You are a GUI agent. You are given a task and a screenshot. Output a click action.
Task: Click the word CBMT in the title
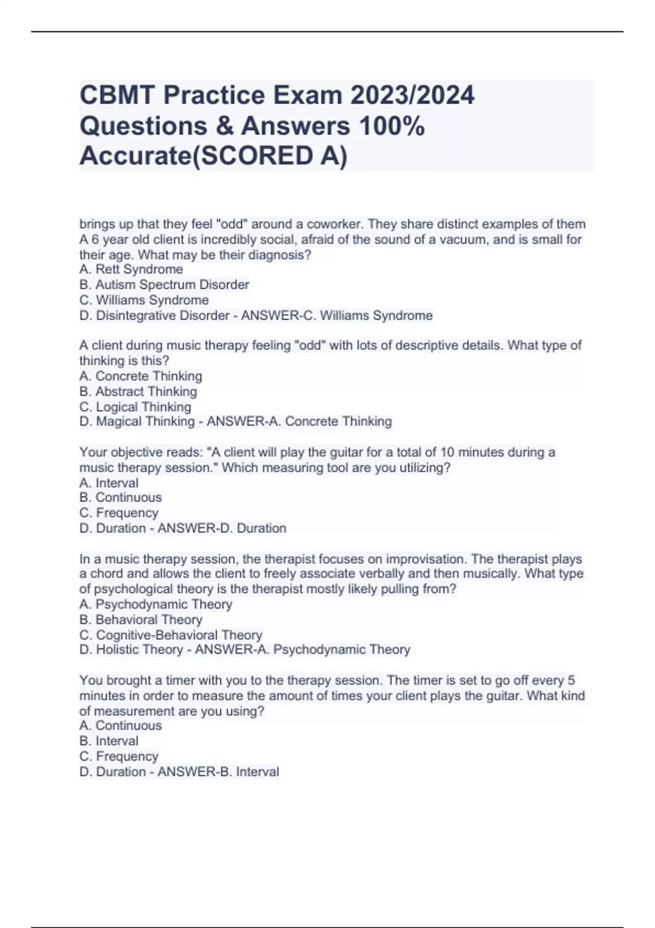(x=116, y=96)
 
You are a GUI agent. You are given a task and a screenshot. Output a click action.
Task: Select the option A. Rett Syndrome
(x=131, y=269)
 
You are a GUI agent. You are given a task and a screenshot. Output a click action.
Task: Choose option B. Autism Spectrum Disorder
(x=164, y=284)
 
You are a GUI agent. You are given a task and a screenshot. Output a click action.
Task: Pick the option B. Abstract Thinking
(x=138, y=391)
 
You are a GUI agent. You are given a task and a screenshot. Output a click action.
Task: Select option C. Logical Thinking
(x=135, y=407)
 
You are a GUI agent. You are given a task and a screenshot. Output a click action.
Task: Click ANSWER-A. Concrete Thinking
(x=299, y=421)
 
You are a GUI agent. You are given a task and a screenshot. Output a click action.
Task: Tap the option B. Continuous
(x=121, y=497)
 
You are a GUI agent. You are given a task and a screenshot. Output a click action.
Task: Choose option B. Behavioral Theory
(x=141, y=620)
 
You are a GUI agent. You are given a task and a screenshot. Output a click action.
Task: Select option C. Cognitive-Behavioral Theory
(x=171, y=635)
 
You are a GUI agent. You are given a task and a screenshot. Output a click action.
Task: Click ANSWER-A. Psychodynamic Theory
(x=302, y=650)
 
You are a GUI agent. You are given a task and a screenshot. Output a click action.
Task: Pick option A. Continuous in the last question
(x=121, y=725)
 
